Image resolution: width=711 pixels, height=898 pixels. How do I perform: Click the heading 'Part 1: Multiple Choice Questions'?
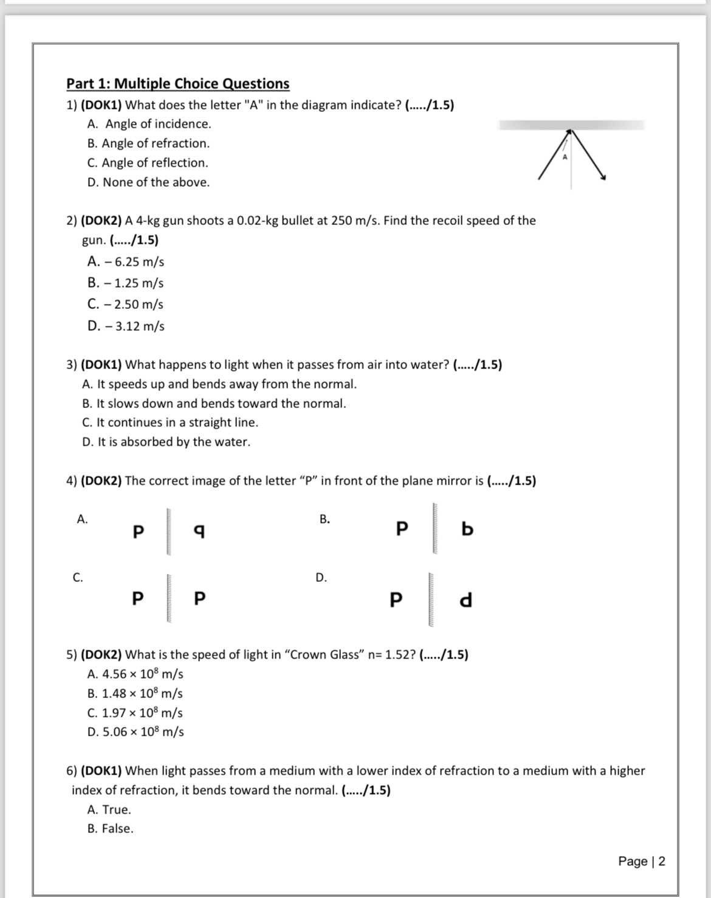177,84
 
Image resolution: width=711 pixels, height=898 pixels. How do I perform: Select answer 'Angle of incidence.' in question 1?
157,124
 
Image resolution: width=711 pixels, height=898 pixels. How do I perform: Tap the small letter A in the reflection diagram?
564,157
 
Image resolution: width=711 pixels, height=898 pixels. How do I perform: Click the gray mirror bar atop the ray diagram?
571,125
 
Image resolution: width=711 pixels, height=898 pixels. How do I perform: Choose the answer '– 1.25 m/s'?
132,283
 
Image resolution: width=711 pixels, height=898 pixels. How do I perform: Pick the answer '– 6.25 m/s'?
133,262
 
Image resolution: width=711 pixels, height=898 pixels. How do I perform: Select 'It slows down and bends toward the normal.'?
221,404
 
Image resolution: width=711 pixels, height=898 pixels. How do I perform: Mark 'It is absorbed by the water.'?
173,442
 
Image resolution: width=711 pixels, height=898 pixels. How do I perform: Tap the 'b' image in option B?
467,529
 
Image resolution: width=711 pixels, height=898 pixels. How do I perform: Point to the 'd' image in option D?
465,600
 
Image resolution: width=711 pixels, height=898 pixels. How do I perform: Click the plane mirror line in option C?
170,598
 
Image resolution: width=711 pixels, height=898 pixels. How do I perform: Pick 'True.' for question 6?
116,810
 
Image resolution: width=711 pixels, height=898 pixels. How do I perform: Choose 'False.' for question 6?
117,829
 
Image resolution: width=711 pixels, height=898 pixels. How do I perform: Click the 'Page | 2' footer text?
641,862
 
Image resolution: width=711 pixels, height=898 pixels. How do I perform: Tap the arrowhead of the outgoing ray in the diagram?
602,177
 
